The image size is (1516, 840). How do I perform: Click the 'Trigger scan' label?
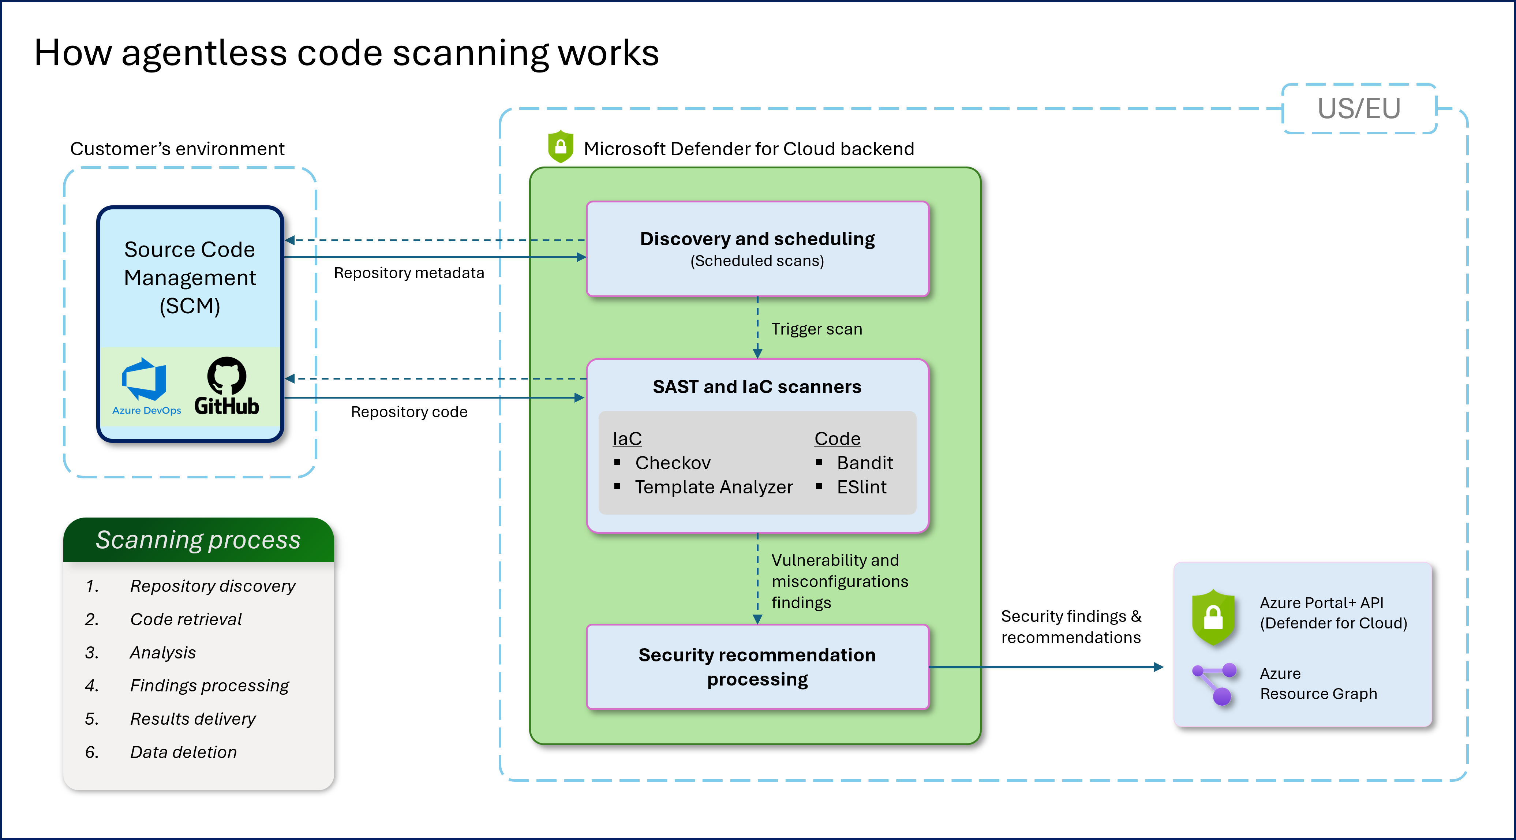coord(816,329)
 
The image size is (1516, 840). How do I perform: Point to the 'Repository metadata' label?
coord(409,273)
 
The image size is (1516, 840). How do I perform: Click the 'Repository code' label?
coord(409,412)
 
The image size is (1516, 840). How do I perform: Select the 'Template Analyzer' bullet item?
coord(713,488)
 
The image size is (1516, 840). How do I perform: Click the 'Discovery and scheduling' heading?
coord(757,239)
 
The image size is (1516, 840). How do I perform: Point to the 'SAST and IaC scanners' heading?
coord(757,387)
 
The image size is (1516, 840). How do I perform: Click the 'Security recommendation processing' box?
coord(757,667)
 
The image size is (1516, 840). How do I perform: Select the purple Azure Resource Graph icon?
coord(1215,683)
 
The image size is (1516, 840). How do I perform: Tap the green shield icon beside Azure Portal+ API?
coord(1213,616)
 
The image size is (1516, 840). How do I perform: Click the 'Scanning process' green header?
coord(198,540)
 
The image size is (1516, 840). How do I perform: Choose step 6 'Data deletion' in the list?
coord(183,752)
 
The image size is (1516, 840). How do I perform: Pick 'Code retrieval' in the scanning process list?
coord(186,619)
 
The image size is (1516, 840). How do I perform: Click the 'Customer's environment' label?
coord(177,149)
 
